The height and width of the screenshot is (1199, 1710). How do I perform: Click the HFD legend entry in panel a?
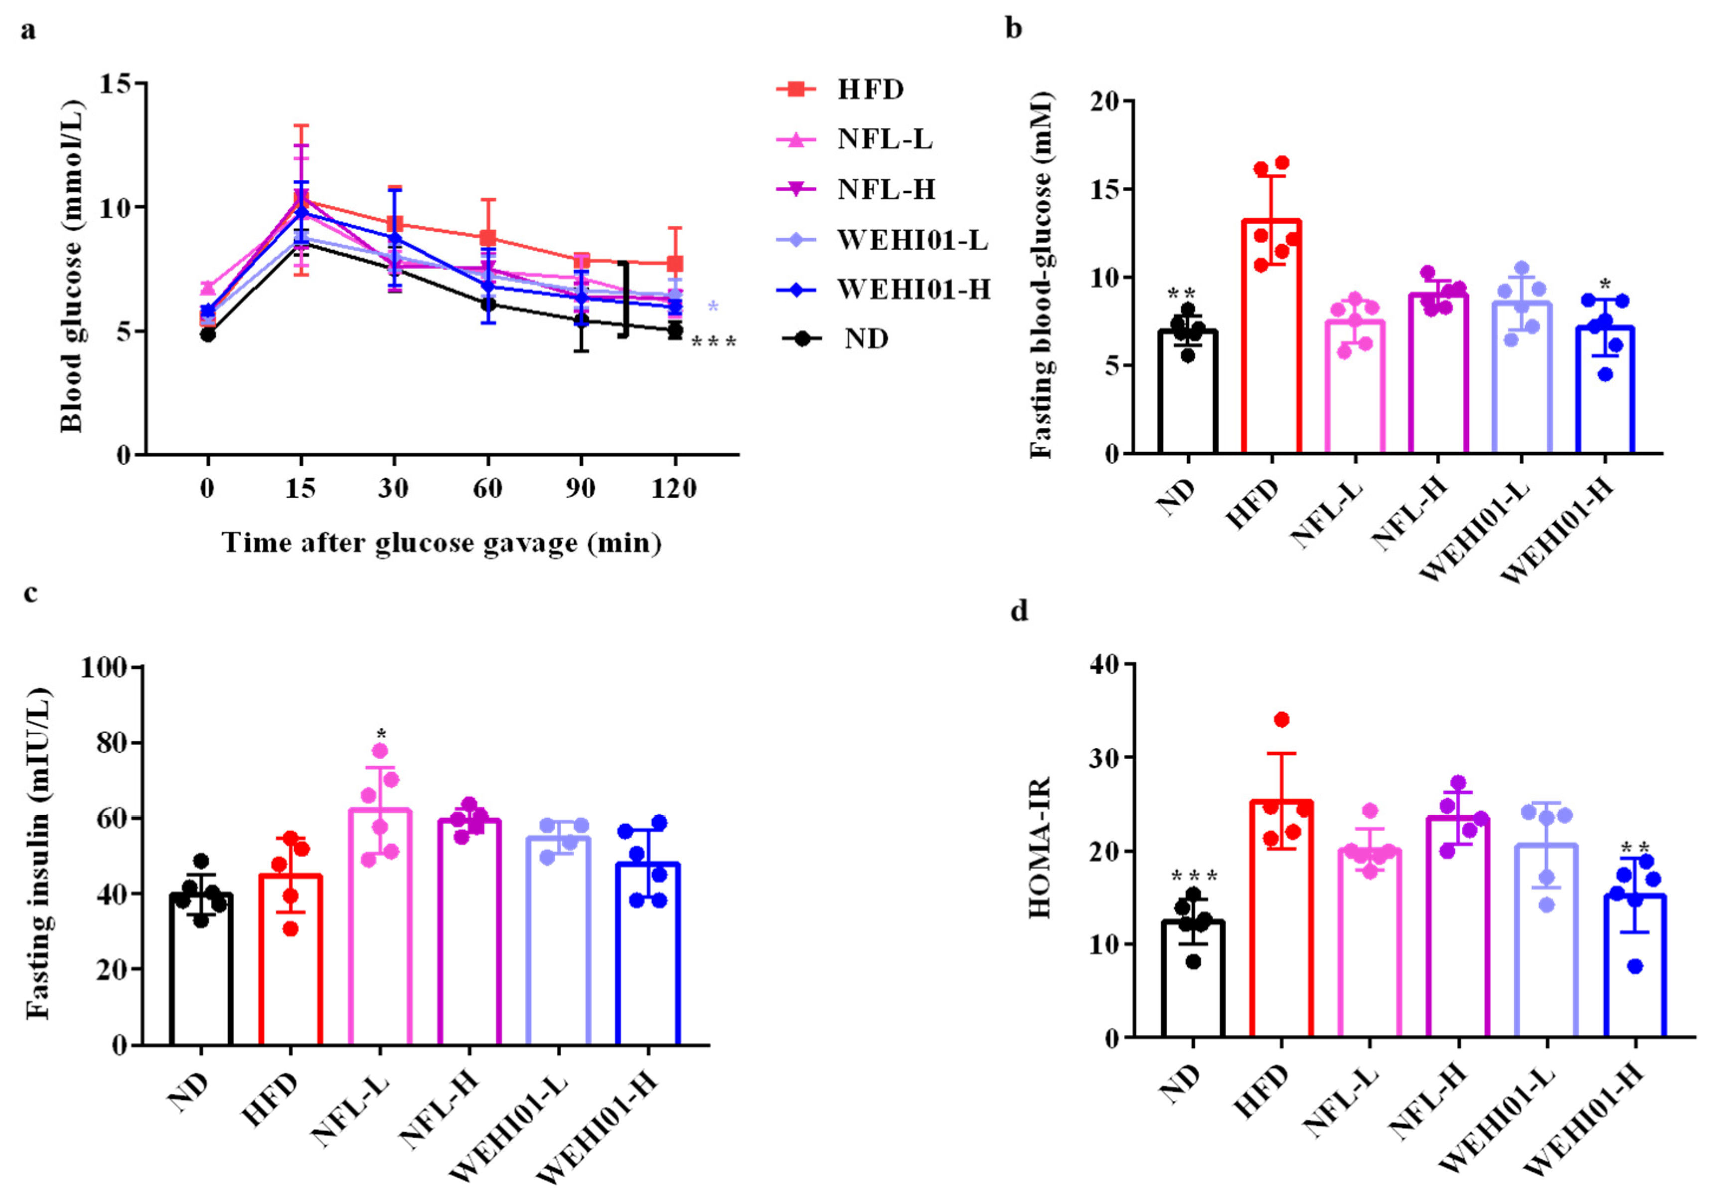pos(869,90)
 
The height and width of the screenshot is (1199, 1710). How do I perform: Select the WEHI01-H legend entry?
pos(913,289)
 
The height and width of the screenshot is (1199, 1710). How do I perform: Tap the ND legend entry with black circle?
pos(865,339)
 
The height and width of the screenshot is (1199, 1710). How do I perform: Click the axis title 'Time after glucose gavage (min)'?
pos(442,542)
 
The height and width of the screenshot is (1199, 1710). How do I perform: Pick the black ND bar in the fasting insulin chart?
pos(201,968)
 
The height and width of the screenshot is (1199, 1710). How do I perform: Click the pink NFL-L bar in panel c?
pos(380,927)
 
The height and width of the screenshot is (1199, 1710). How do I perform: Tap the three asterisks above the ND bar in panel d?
pos(1193,876)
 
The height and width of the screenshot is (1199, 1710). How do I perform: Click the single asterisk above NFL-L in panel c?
pos(381,734)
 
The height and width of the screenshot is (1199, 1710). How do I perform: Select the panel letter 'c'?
pos(30,594)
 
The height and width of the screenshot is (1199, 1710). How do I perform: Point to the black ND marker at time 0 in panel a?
pos(208,334)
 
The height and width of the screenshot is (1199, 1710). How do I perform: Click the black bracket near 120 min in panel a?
pos(625,300)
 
